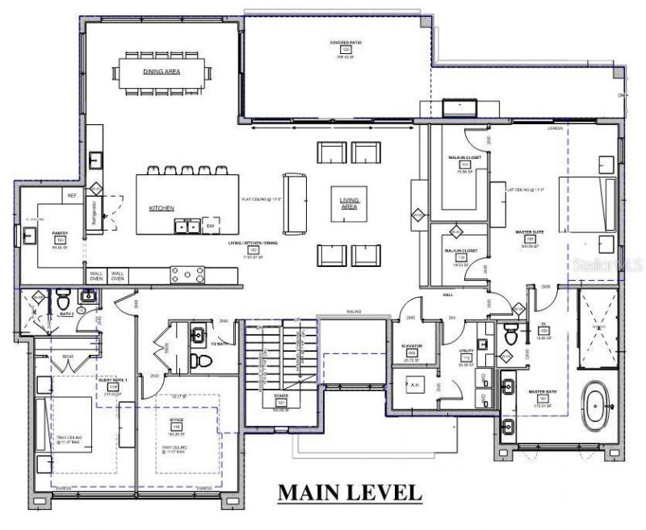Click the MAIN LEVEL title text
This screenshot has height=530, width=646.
[349, 491]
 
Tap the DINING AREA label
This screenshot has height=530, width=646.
[161, 72]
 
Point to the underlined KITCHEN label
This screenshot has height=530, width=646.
[161, 208]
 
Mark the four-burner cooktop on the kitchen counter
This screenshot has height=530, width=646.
[187, 275]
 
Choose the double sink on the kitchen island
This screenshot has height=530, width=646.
[188, 226]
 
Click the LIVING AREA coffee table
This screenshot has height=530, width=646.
[348, 203]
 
